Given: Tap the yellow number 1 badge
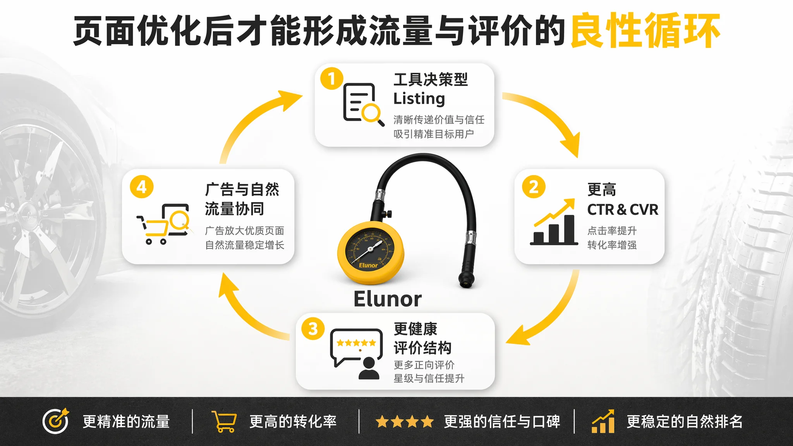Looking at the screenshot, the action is pos(331,79).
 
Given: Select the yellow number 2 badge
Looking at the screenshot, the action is pos(534,187).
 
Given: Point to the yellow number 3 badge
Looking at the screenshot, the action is pos(313,329).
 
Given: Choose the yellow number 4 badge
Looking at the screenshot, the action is pos(142,187).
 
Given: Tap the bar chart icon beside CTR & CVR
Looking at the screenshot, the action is pos(554,222).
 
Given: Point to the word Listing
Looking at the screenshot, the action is pos(419,99).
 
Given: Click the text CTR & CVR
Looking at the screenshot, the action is pos(623,210).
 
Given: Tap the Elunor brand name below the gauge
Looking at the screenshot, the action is pos(388,299).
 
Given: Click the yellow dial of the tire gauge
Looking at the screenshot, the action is pos(370,252).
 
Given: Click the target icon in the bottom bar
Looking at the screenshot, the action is pos(56,421).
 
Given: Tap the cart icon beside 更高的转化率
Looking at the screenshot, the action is pos(224,422).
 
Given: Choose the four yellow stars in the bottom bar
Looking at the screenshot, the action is pos(405,422).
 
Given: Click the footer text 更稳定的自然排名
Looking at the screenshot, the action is pos(685,422).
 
